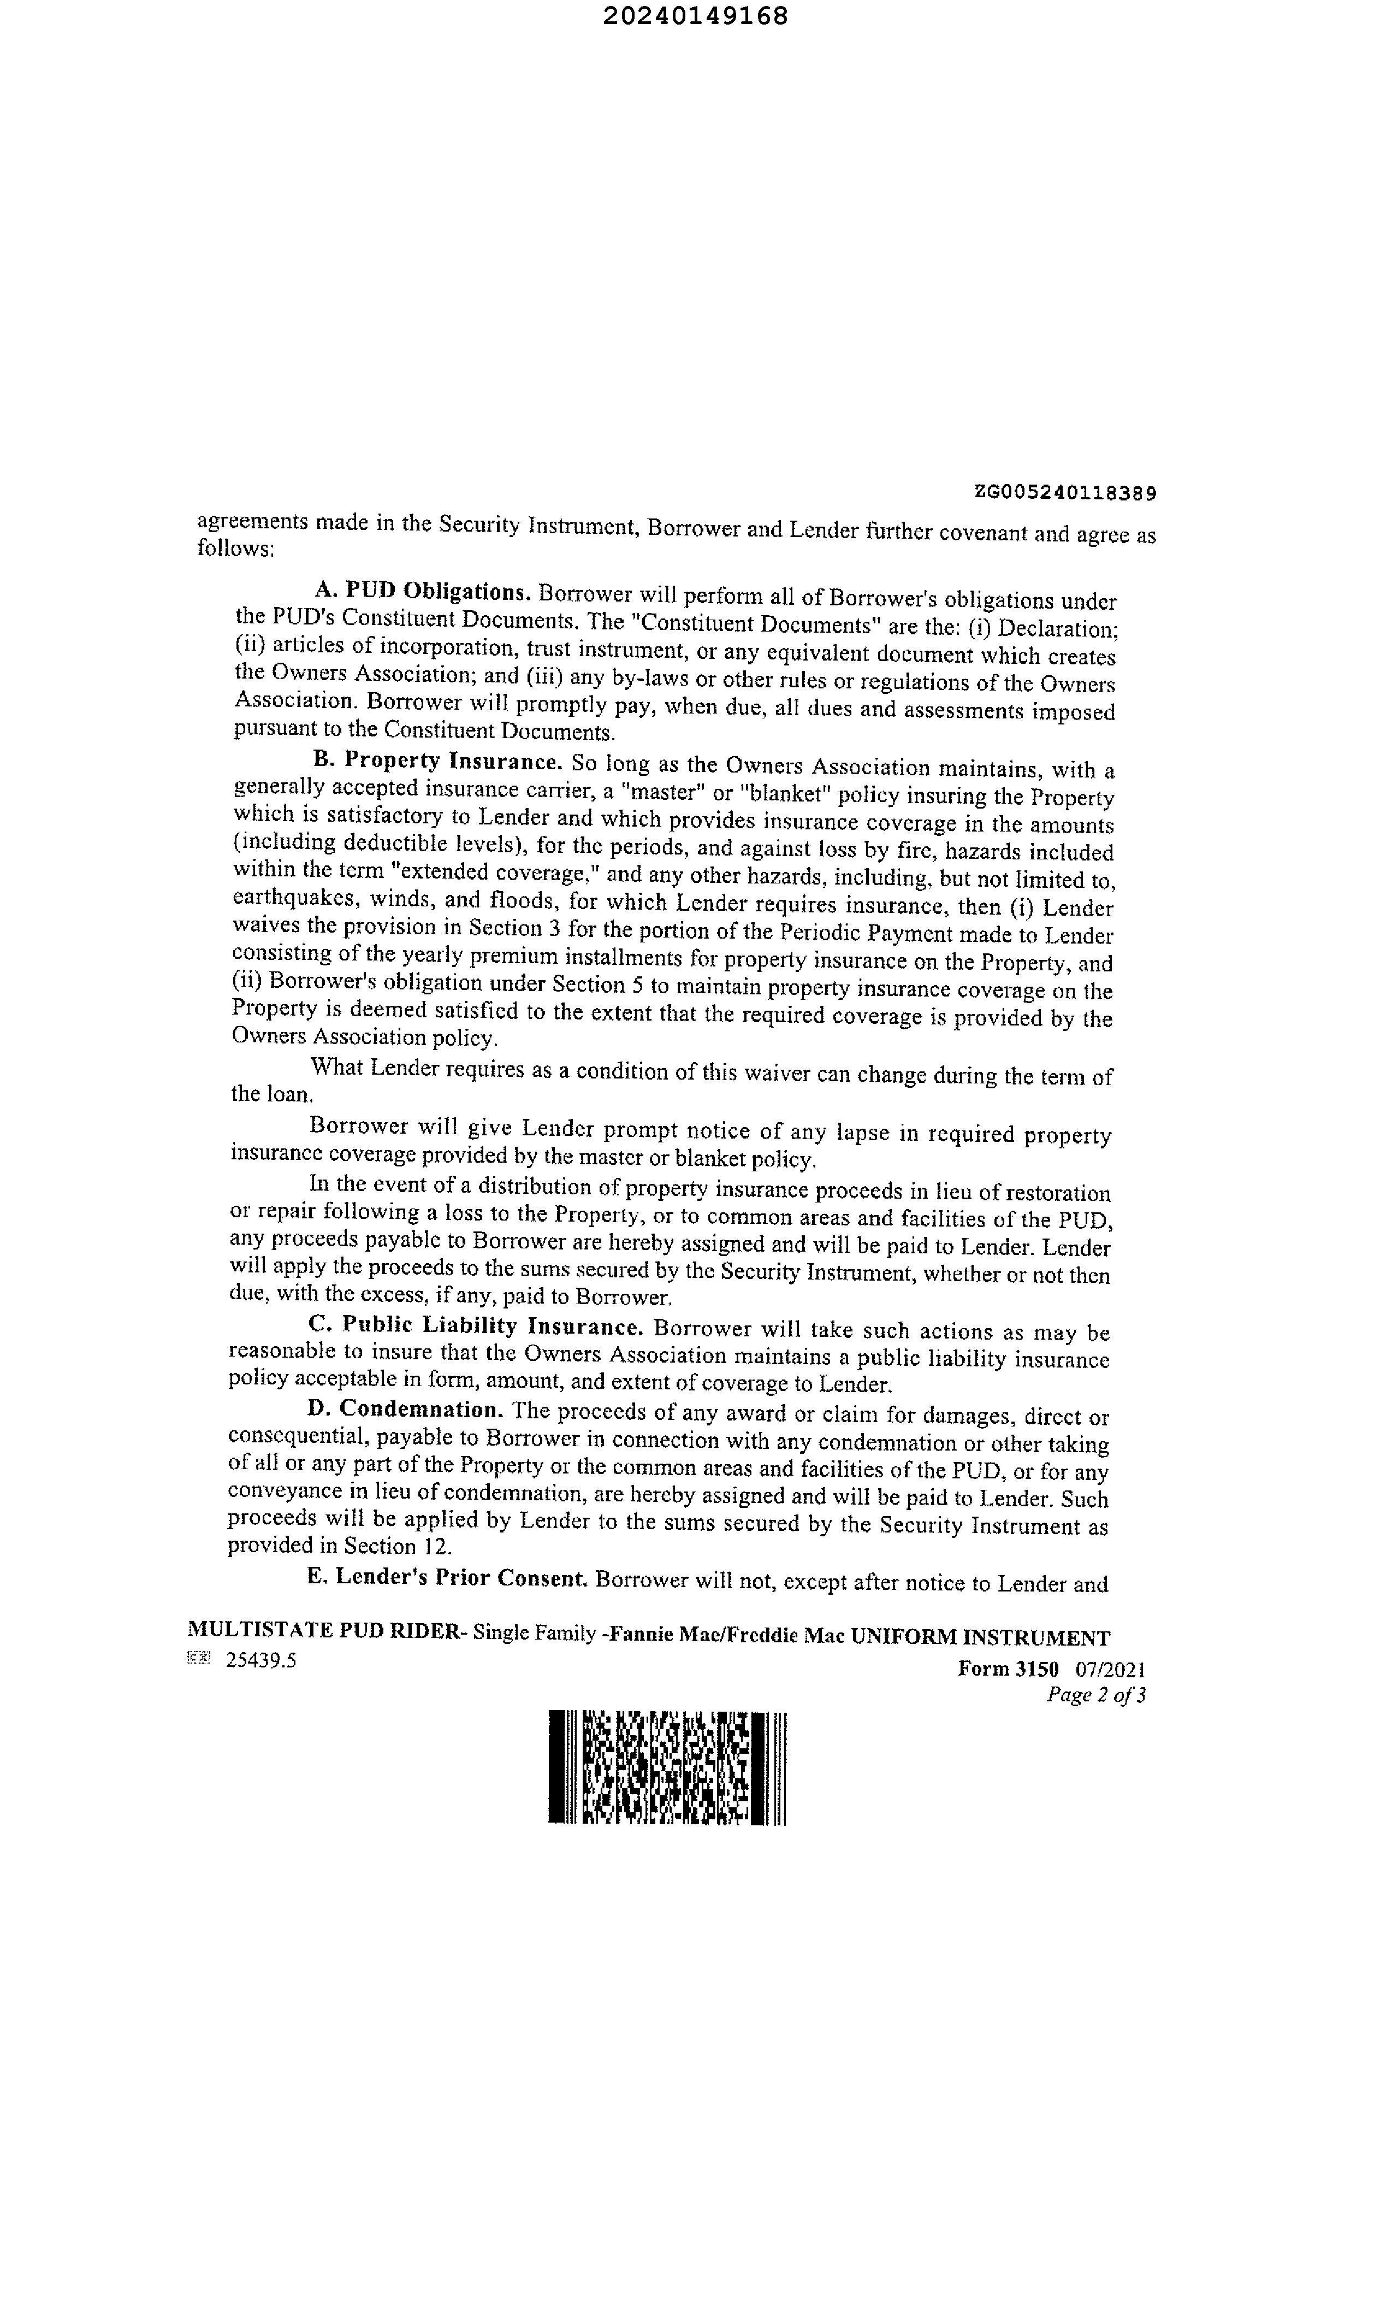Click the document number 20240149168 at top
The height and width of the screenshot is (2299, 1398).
tap(695, 16)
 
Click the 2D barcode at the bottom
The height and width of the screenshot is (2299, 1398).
tap(667, 1767)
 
